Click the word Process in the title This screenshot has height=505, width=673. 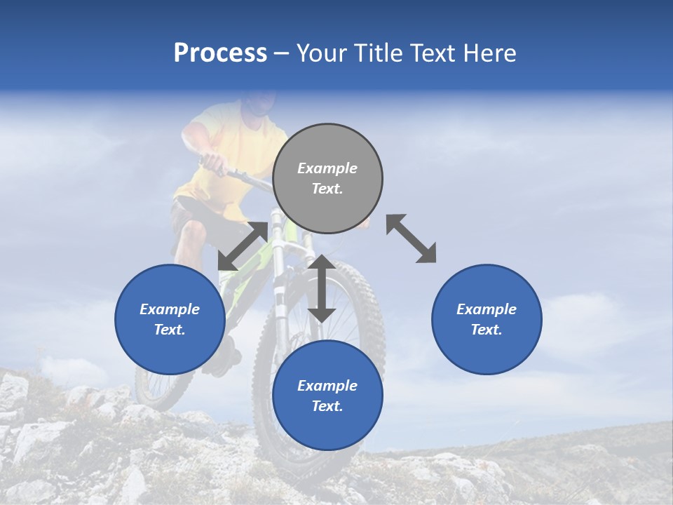pyautogui.click(x=220, y=53)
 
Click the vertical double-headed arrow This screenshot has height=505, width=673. pyautogui.click(x=322, y=288)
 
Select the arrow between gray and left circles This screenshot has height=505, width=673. pyautogui.click(x=242, y=246)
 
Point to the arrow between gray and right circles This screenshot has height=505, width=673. pyautogui.click(x=412, y=238)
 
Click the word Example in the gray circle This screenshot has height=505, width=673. pyautogui.click(x=327, y=168)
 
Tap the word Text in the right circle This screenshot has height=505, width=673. pyautogui.click(x=487, y=330)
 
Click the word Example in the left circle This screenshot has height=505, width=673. pyautogui.click(x=170, y=309)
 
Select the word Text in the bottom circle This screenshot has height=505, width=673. pyautogui.click(x=327, y=406)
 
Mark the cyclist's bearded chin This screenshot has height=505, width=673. pyautogui.click(x=259, y=109)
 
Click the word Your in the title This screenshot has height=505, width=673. pyautogui.click(x=321, y=53)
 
